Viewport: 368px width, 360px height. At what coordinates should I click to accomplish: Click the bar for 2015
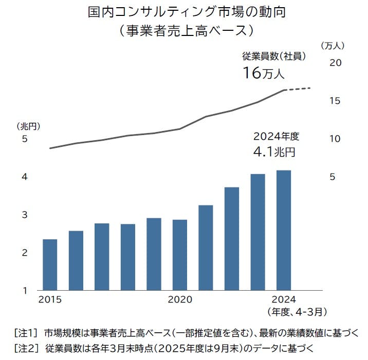click(x=50, y=264)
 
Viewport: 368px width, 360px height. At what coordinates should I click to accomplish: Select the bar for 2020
click(x=180, y=255)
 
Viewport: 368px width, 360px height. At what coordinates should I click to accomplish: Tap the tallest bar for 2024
click(x=284, y=230)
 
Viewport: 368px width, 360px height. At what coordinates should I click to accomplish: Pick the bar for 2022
click(x=232, y=239)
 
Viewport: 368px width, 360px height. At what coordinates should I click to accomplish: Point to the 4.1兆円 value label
click(x=274, y=152)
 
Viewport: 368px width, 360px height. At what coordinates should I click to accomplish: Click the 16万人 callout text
click(x=263, y=73)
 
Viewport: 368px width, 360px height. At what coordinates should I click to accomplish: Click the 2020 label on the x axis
click(x=180, y=299)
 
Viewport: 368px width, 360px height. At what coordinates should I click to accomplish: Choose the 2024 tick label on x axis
click(x=283, y=299)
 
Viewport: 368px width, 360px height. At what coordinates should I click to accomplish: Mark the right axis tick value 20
click(x=335, y=63)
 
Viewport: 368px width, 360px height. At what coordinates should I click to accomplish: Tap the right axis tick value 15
click(x=335, y=101)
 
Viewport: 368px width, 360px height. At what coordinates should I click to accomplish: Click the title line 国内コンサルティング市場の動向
click(x=183, y=13)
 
